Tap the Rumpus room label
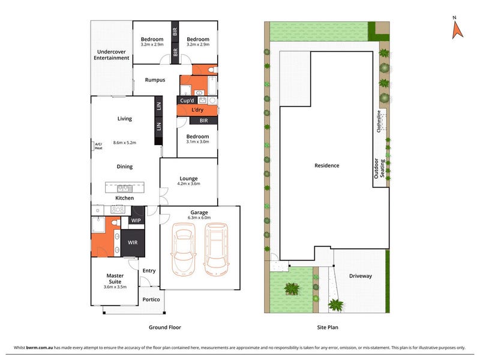tap(155, 80)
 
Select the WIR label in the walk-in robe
tap(133, 242)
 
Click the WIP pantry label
tap(136, 220)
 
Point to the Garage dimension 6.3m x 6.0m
tap(199, 218)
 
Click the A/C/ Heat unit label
tap(98, 146)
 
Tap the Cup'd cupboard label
tap(187, 100)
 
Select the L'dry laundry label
tap(197, 110)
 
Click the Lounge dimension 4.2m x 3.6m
tap(188, 184)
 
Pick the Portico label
tap(151, 299)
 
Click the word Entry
tap(149, 271)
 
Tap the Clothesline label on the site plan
tap(379, 121)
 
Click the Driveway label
tap(361, 276)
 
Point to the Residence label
tap(327, 166)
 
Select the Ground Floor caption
tap(165, 327)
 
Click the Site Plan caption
tap(328, 327)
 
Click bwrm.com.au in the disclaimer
tap(40, 347)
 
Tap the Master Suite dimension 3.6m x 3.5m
tap(115, 287)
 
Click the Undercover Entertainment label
tap(112, 55)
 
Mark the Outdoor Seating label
tap(379, 169)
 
